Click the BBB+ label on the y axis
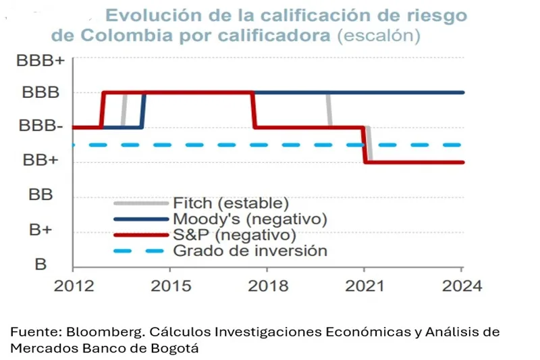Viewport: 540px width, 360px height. (41, 61)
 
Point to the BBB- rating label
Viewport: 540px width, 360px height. (41, 127)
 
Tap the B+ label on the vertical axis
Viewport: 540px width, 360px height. (41, 230)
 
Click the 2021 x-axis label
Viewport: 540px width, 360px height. (364, 285)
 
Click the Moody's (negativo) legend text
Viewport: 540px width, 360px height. (250, 219)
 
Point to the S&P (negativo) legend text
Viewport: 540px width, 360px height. (234, 235)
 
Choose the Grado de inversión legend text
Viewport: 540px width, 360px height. (250, 251)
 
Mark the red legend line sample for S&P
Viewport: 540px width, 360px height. (140, 236)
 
